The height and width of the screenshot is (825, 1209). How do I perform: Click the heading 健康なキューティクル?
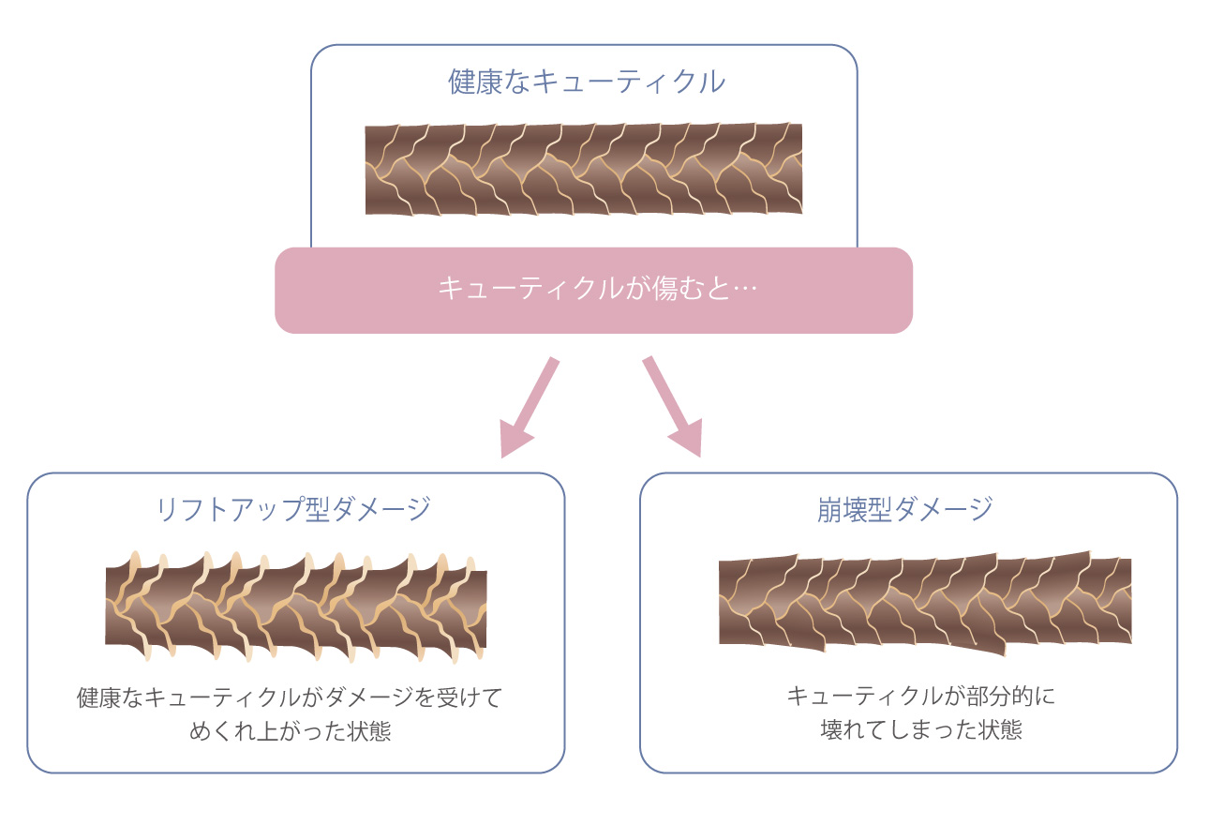click(x=587, y=82)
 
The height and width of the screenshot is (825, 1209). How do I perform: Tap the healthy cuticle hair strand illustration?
click(x=583, y=169)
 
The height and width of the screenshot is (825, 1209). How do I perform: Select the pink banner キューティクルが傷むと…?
click(x=593, y=290)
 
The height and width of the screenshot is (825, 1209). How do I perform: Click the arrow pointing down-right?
click(x=672, y=405)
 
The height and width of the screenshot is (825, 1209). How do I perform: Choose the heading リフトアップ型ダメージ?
click(x=293, y=509)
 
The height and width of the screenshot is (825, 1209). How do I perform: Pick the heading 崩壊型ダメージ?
click(x=904, y=509)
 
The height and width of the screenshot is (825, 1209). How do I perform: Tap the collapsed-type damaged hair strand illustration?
click(x=924, y=600)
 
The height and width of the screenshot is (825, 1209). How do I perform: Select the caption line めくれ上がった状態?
click(x=291, y=731)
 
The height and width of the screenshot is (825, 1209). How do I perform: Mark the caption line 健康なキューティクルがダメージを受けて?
click(x=291, y=698)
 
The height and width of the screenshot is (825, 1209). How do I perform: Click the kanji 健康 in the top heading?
click(x=468, y=82)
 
